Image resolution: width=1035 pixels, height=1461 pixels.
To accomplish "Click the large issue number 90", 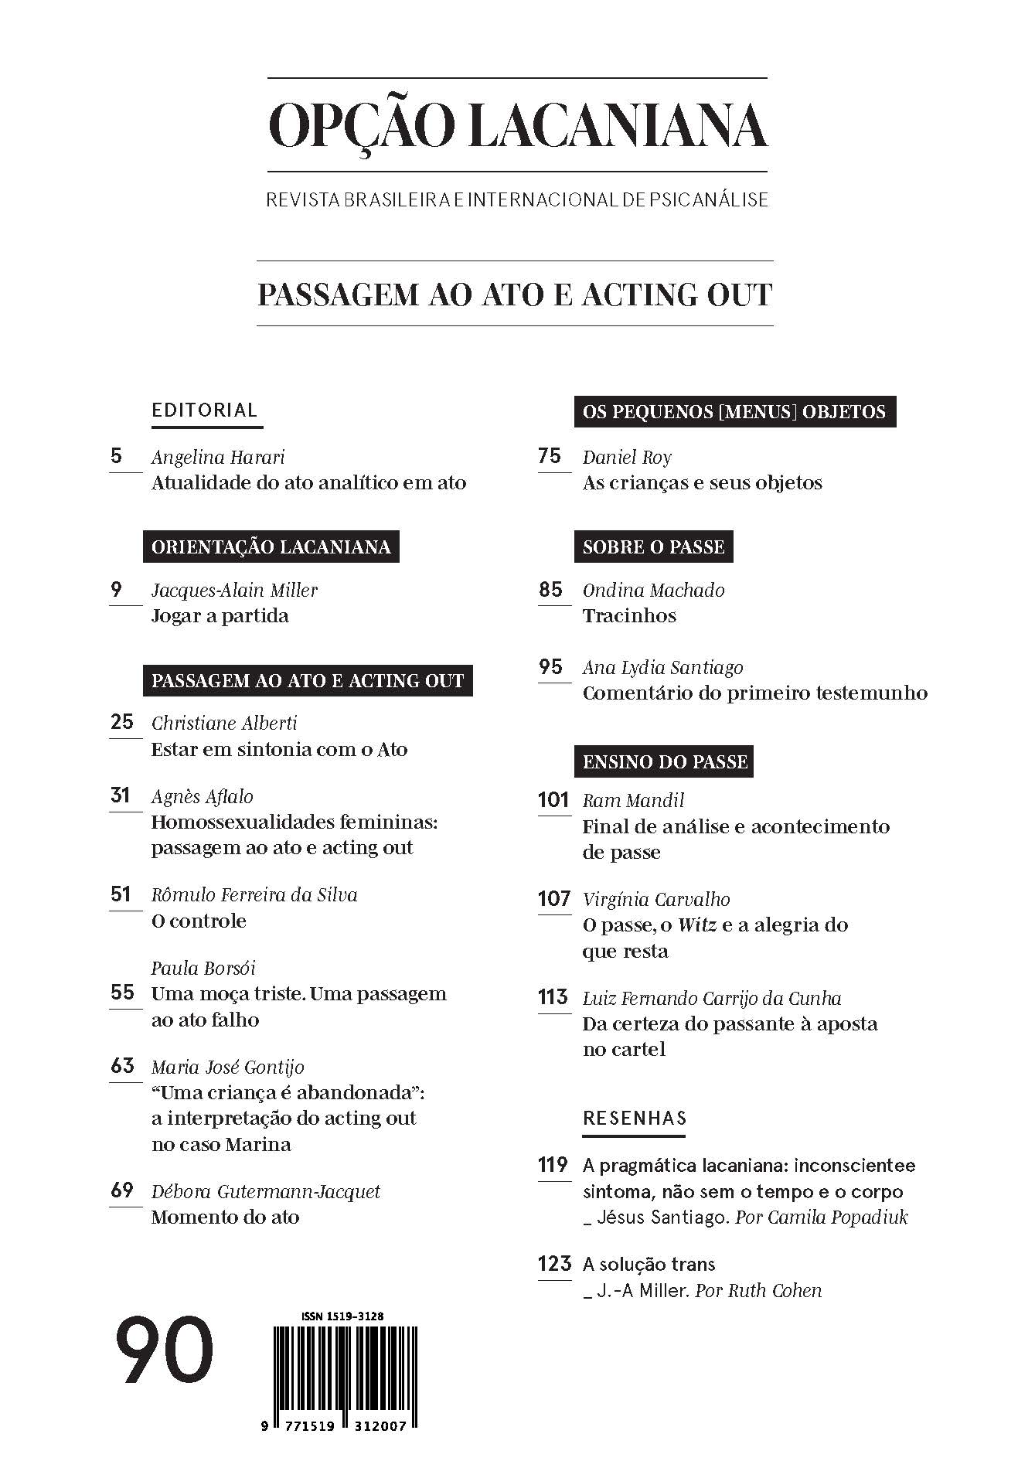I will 164,1350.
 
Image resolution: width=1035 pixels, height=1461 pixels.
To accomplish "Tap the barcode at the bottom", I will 345,1368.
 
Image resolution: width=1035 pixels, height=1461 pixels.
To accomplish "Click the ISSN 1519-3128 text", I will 342,1316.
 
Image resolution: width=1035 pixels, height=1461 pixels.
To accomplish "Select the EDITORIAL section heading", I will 204,410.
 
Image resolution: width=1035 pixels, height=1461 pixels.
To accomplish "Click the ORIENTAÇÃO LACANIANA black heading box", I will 271,547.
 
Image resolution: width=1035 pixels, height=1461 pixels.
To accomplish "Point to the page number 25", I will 122,722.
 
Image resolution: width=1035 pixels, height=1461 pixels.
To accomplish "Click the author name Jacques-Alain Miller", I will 234,590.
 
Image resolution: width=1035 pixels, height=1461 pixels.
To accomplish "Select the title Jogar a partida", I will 220,616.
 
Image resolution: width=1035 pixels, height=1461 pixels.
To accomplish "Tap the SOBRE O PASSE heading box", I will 653,547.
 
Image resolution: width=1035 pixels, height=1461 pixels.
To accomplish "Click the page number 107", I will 553,898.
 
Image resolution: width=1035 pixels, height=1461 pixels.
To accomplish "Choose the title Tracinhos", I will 629,616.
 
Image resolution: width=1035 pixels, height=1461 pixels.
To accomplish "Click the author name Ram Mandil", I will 633,800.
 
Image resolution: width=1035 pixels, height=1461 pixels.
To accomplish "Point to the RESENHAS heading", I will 634,1118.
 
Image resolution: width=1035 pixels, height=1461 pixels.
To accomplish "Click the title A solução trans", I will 649,1264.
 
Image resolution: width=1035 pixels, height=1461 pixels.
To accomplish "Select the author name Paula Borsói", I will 203,968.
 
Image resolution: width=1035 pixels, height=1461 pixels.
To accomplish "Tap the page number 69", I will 122,1190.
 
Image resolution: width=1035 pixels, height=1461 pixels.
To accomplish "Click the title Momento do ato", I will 225,1217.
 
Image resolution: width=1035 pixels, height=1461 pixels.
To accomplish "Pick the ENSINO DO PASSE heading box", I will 665,761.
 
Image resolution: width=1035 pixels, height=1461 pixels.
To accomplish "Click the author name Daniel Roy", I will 627,457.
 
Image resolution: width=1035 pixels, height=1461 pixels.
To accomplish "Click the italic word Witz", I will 696,925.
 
